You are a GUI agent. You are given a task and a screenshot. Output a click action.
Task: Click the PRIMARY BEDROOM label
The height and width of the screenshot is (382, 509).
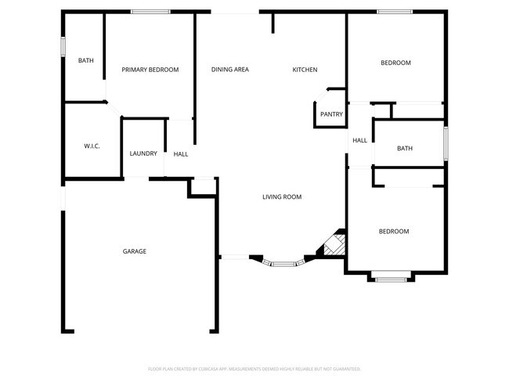coord(150,70)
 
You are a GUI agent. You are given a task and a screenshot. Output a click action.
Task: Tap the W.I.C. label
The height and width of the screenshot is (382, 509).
coord(92,146)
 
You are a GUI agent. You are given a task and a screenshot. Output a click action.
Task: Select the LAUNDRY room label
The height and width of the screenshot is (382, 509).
coord(143,153)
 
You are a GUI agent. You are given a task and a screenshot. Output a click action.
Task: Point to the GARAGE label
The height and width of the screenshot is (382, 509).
coord(134,251)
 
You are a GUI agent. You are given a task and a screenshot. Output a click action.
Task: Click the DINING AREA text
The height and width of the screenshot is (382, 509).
coord(230,70)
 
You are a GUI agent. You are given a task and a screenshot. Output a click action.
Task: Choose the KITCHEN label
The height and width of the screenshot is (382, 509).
coord(305,70)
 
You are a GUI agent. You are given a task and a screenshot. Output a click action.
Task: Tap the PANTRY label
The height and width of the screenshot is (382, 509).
coord(331,114)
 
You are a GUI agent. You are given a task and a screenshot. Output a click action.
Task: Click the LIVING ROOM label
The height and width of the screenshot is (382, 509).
coord(282,197)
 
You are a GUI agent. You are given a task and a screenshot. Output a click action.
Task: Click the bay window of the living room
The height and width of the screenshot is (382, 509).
coord(283,264)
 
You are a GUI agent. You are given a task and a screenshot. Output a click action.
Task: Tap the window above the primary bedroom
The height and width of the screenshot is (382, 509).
coord(151,12)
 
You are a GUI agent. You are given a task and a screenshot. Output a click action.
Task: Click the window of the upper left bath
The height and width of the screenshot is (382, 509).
coord(64,45)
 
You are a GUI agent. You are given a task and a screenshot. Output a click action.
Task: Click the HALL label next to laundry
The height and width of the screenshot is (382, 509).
coord(181,154)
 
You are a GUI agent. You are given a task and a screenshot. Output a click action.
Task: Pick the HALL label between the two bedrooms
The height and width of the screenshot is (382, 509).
coord(359,141)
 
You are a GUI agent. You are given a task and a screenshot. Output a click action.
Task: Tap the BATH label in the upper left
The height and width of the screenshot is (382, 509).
coord(86,60)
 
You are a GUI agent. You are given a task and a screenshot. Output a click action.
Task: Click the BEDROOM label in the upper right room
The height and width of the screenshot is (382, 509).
coord(395,63)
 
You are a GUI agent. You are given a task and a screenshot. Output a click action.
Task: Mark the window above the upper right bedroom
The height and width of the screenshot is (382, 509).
coord(394,12)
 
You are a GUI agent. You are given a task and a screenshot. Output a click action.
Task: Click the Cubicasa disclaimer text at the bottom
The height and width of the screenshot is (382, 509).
coord(254,368)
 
